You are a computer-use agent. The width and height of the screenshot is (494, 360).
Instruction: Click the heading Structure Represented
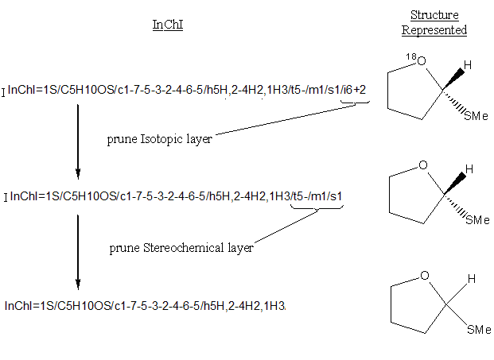pos(434,23)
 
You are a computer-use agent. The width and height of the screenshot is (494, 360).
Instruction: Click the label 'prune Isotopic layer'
pos(160,139)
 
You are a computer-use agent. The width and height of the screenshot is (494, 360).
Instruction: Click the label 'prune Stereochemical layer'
pos(181,248)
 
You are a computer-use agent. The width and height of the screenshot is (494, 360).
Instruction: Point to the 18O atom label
pos(414,60)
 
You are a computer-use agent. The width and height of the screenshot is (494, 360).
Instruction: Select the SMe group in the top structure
pos(476,116)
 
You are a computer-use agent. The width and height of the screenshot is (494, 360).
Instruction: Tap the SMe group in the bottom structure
pos(476,329)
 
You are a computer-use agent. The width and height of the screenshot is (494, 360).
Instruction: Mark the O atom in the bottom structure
pos(425,276)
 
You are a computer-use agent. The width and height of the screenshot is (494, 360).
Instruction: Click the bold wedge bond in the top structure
pos(453,78)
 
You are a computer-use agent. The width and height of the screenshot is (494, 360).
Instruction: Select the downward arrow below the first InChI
pos(78,139)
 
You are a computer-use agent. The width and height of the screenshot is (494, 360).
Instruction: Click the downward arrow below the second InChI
pos(78,250)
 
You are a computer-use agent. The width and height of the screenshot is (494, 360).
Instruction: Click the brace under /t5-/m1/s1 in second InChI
pos(317,209)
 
